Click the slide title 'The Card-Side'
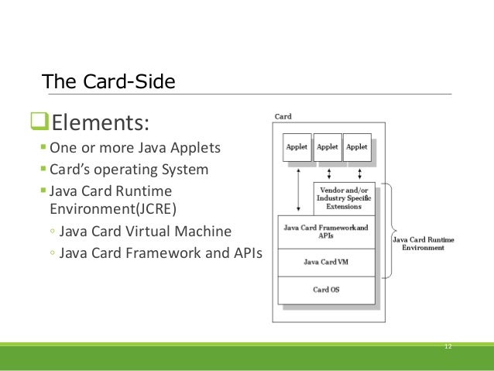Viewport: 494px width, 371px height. click(x=108, y=81)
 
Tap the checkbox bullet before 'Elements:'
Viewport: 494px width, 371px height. click(x=36, y=122)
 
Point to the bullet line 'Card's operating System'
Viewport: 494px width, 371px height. click(x=129, y=169)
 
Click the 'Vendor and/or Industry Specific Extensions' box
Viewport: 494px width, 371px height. click(x=344, y=198)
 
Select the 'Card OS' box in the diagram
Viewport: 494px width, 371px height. click(x=325, y=290)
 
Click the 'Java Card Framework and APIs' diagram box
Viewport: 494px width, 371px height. click(x=325, y=232)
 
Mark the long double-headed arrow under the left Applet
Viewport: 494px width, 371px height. click(x=298, y=189)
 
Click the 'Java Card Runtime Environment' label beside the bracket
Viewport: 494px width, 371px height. click(x=424, y=243)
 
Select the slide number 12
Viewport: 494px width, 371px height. click(x=448, y=345)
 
